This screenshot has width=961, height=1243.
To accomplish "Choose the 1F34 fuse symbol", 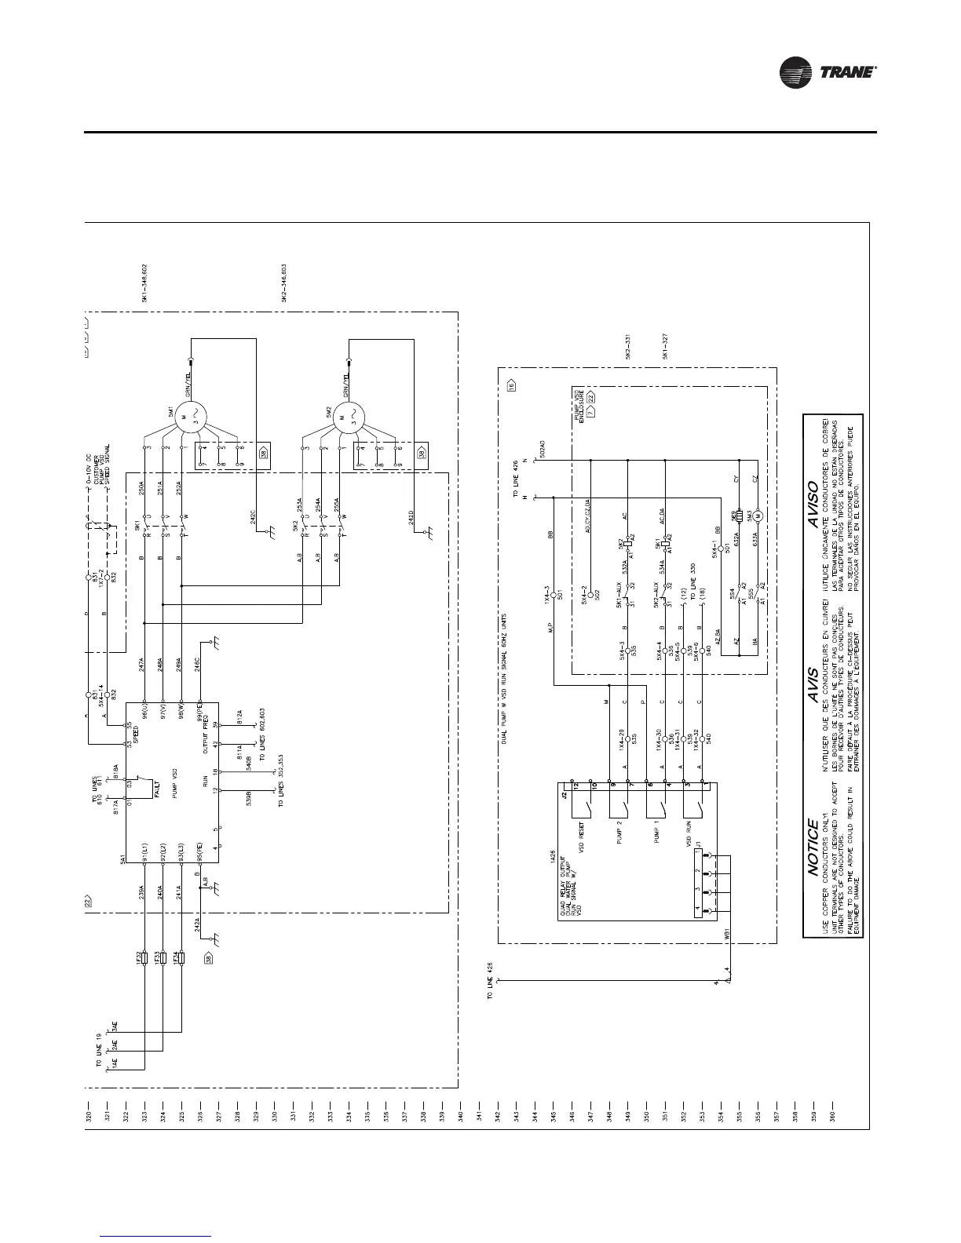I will [x=181, y=958].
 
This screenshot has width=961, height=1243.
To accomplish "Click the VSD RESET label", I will [x=582, y=834].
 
